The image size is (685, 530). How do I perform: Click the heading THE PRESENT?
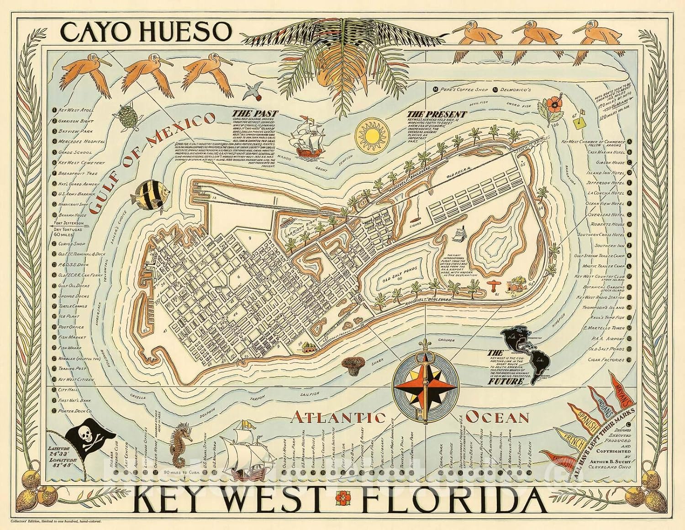(438, 114)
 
